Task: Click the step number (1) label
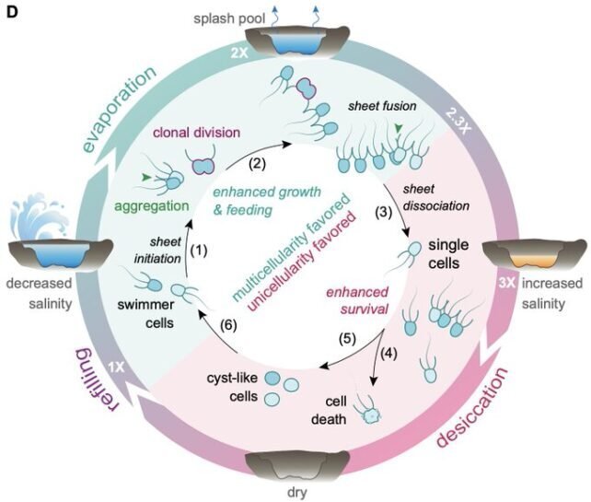pos(199,250)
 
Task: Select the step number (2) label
pos(257,164)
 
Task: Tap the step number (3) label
pos(384,213)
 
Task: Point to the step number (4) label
pos(388,354)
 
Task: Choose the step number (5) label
pos(347,338)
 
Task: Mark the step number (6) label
pos(228,325)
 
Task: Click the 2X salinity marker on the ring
pos(239,53)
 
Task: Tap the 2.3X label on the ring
pos(458,122)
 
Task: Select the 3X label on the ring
pos(507,283)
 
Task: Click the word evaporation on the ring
pos(119,109)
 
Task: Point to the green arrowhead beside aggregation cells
pos(145,177)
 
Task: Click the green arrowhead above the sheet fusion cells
pos(398,129)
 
